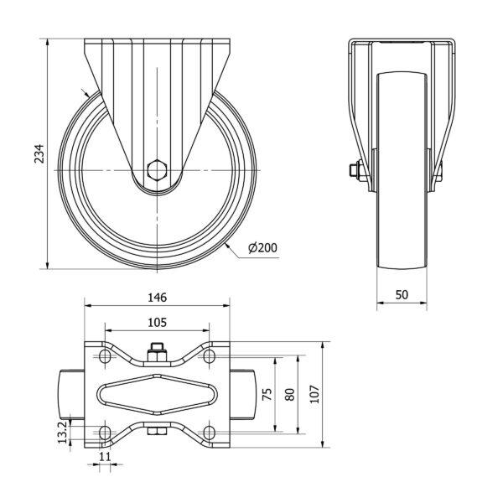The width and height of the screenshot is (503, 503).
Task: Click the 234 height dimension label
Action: tap(39, 153)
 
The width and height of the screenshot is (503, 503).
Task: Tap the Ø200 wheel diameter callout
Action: tap(262, 247)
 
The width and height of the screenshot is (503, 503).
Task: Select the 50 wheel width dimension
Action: tap(402, 294)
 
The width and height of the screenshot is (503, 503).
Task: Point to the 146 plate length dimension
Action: tap(158, 298)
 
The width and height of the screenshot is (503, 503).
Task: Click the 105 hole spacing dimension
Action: tap(158, 322)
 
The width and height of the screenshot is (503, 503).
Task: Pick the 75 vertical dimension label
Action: tap(267, 394)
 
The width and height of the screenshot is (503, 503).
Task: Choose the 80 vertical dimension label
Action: tap(290, 394)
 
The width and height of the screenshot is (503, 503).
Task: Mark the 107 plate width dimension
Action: tap(315, 394)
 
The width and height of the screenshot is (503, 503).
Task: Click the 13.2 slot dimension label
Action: tap(63, 432)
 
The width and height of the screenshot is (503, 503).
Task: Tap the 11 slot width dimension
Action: tap(105, 456)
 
